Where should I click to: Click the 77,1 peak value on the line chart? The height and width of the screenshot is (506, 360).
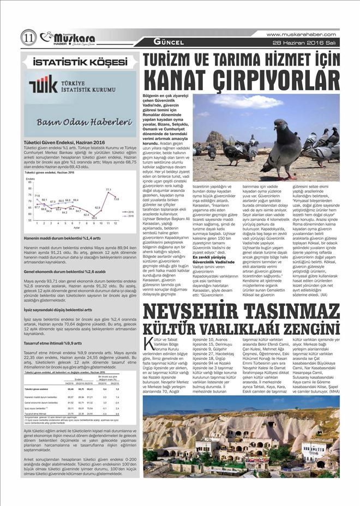click(108, 190)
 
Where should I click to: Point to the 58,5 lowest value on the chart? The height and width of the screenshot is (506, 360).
click(94, 218)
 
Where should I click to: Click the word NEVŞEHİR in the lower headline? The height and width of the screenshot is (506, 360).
click(185, 312)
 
